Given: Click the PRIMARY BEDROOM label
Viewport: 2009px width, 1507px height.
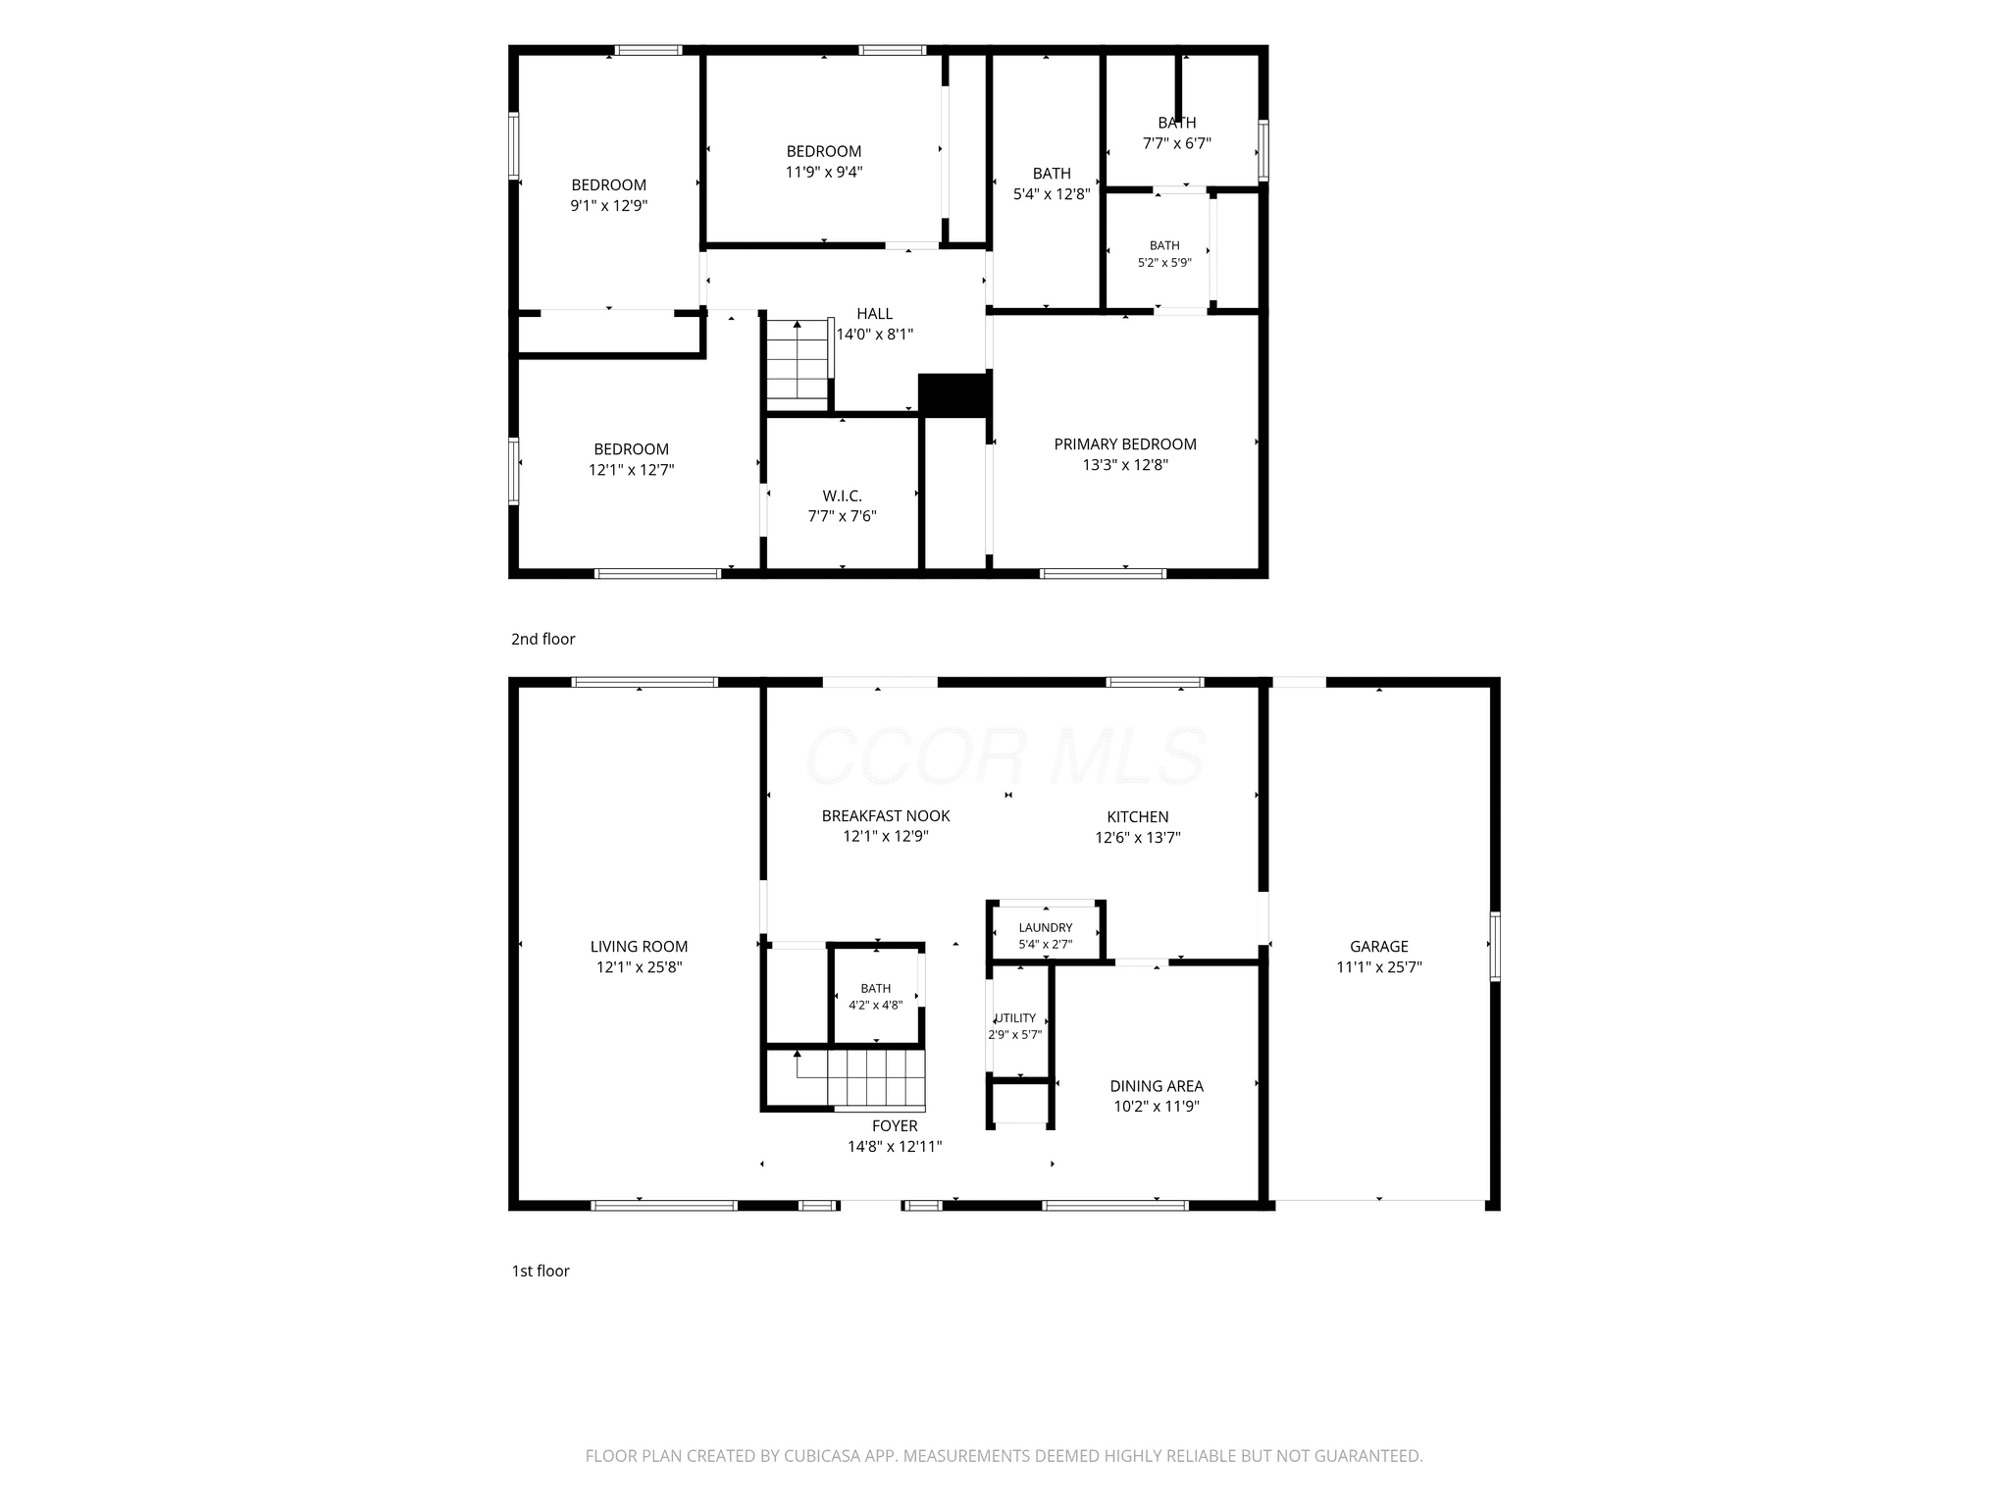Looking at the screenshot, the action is (1125, 444).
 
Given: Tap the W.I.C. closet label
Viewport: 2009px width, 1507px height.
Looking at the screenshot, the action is (842, 496).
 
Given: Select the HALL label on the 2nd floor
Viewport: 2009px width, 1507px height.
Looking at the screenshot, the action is (874, 314).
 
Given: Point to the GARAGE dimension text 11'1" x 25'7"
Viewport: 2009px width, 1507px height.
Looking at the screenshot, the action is (1379, 967).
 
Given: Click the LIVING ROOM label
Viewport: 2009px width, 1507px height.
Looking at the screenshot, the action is (639, 947).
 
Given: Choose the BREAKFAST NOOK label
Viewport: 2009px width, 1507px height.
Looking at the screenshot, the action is (886, 816).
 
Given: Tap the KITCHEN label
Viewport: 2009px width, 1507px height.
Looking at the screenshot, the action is (1138, 817).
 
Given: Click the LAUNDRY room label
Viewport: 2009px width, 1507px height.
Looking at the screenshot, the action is (1046, 928).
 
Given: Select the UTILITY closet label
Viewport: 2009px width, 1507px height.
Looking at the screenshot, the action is (1016, 1018).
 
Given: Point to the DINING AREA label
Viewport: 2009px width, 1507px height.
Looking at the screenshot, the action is (1157, 1086).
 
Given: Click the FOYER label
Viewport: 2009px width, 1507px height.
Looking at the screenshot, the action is (895, 1126).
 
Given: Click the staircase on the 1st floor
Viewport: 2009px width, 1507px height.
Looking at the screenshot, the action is (860, 1078).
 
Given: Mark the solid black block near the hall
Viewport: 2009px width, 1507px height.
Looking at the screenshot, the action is (953, 394).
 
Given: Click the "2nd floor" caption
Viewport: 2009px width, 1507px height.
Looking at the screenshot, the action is (542, 640).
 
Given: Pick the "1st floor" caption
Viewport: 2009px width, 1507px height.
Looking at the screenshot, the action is (541, 1272).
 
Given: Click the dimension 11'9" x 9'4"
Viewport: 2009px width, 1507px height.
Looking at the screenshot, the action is (824, 173).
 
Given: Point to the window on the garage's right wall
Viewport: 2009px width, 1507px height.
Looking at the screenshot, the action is (1495, 947).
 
